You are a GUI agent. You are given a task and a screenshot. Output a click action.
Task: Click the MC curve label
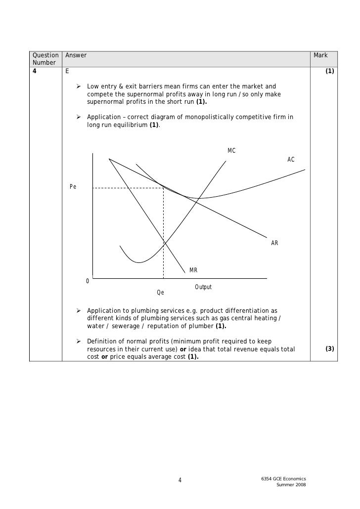231,150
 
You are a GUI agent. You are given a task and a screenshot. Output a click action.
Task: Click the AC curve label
291,160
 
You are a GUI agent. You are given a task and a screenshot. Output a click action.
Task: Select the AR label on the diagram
274,243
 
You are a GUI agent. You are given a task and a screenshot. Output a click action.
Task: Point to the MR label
193,270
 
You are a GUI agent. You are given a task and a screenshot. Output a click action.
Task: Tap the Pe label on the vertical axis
73,187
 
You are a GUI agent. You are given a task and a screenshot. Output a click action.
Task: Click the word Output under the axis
203,287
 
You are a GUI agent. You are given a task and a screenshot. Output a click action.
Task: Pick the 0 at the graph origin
88,281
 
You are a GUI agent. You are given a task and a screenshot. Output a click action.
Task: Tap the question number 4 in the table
35,71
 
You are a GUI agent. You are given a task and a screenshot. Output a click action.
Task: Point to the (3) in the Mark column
329,349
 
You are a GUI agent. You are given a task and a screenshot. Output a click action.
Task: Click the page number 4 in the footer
180,480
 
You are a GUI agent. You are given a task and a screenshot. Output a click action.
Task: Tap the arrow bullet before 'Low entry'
78,87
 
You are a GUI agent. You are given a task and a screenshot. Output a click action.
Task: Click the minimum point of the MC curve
139,262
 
